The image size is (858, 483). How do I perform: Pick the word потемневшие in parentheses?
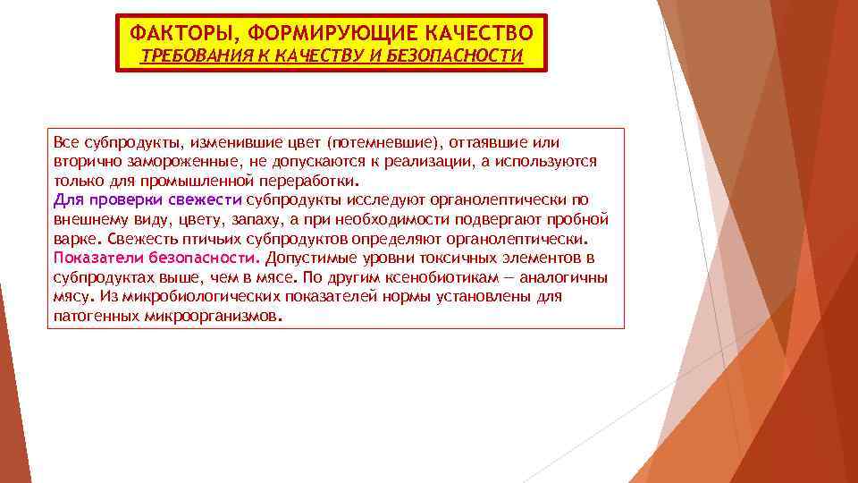[x=383, y=142]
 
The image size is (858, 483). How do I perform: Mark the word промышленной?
[x=170, y=182]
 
